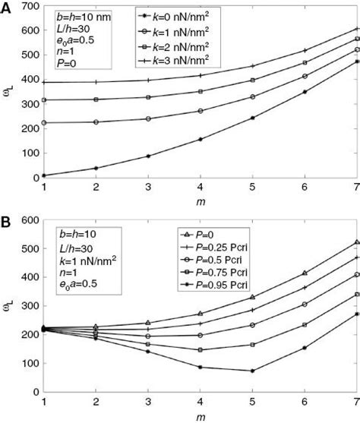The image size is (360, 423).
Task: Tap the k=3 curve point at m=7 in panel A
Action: click(357, 29)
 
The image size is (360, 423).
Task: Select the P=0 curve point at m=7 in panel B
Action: click(357, 243)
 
